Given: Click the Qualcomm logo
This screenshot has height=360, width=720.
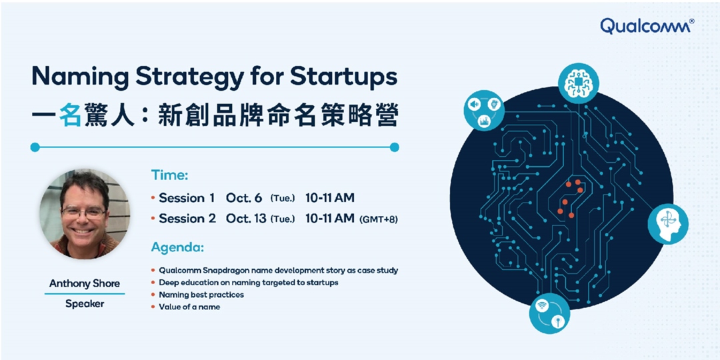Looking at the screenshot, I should tap(647, 25).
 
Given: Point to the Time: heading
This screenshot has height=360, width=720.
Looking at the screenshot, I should tap(170, 175).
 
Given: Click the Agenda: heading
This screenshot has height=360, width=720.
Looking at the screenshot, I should tap(178, 247).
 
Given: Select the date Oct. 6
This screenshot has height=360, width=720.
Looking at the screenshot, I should tap(244, 198).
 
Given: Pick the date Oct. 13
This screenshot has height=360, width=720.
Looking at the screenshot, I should tap(247, 219).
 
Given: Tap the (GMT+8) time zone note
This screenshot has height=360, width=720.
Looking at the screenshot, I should tap(378, 219).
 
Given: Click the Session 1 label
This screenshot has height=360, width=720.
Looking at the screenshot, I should tap(187, 198).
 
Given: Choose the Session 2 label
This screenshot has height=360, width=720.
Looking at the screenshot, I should tap(187, 219).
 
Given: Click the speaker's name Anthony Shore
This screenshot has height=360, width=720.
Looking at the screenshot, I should tap(85, 284).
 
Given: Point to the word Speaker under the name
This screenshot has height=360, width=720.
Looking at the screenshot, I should tap(85, 304).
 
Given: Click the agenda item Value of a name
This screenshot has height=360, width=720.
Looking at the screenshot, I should tap(189, 307).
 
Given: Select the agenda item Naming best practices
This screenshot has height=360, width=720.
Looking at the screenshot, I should tap(201, 295).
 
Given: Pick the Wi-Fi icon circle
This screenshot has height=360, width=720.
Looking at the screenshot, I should tap(549, 313).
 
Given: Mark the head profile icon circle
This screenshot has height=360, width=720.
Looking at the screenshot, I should tap(667, 224).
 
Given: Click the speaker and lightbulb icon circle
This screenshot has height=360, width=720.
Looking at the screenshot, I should tap(484, 110).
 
